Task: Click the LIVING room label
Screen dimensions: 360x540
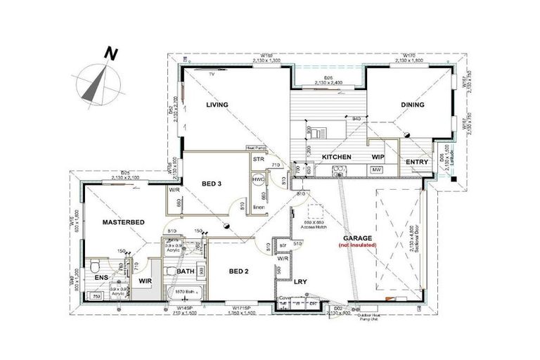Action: [x=219, y=105]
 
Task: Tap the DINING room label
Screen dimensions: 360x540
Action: [x=413, y=105]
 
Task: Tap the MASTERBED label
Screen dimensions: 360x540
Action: [x=124, y=222]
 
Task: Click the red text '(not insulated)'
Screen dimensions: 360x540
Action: [x=358, y=245]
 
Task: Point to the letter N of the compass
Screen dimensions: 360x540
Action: [x=110, y=52]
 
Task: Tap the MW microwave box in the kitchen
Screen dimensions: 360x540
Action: [x=376, y=169]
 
